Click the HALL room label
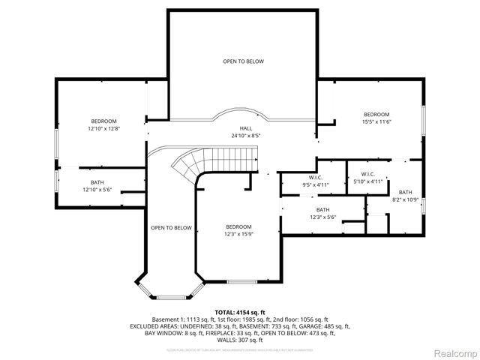245,128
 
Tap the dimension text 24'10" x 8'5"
245,136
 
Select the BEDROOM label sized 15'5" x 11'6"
377,114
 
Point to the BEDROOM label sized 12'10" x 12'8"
104,121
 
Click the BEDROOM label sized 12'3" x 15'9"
238,226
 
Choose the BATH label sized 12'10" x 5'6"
97,182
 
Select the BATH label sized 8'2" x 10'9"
405,193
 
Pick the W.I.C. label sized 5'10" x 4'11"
367,174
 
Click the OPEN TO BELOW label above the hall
243,61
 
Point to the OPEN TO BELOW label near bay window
171,227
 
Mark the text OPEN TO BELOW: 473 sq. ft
307,333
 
